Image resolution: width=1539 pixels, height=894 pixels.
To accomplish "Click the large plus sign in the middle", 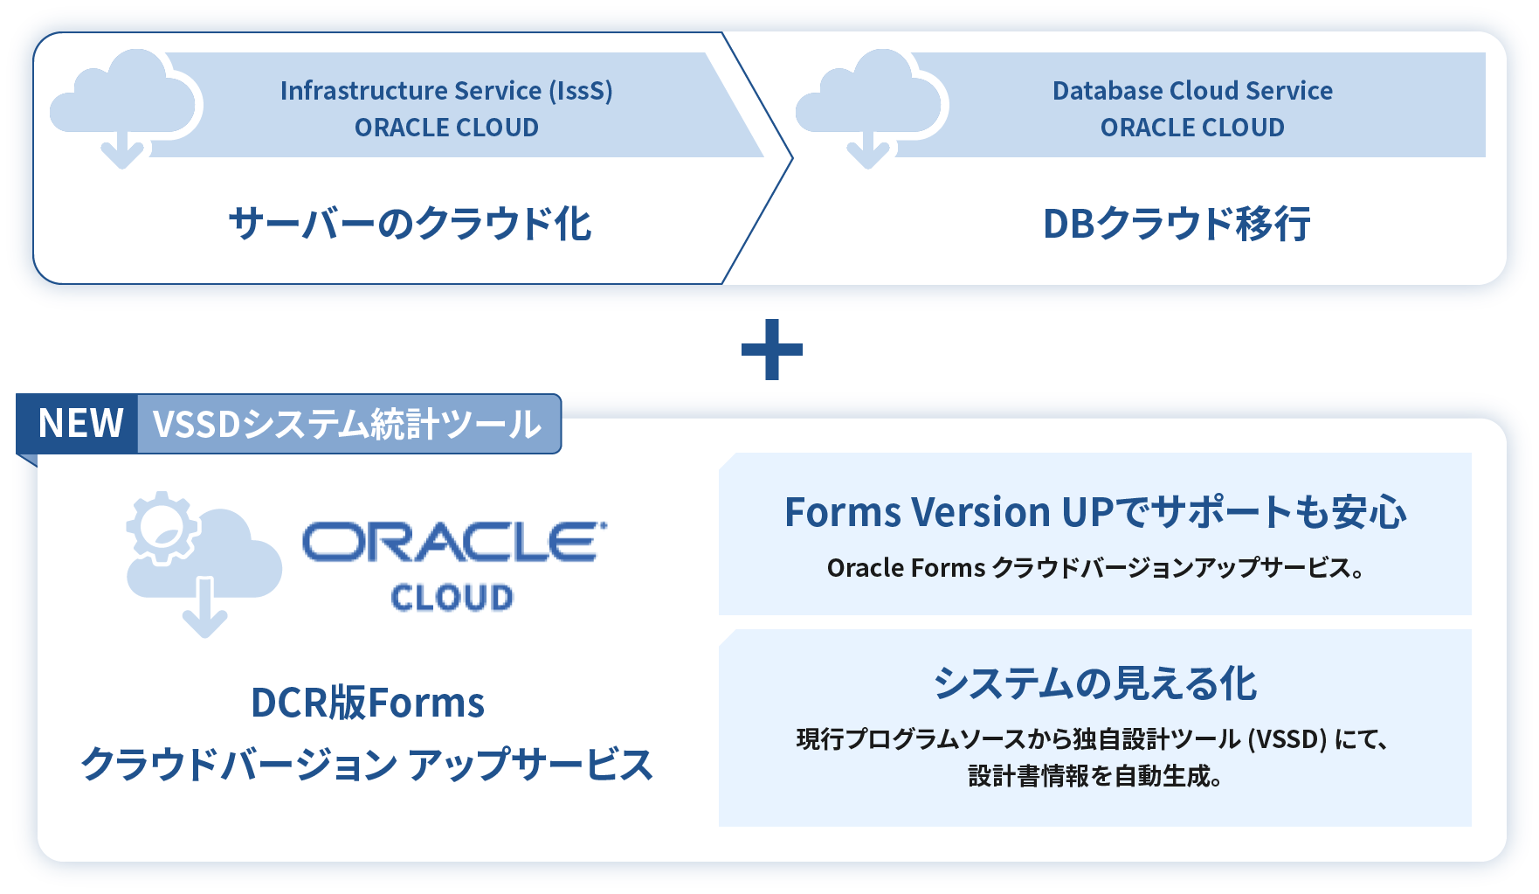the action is (x=771, y=350).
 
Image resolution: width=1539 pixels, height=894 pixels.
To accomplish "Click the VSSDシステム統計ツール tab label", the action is (x=348, y=424).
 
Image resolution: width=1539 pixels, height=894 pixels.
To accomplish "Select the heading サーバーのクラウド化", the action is (x=410, y=223).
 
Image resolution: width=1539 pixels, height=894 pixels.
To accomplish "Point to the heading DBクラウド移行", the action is (x=1177, y=224).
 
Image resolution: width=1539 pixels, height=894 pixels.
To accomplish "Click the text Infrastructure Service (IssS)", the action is (x=446, y=91).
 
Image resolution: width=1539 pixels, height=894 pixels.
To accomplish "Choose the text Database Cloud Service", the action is (x=1192, y=91).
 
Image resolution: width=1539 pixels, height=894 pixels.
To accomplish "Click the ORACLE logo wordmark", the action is (x=454, y=542).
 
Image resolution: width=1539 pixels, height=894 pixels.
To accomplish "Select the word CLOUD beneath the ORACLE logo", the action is (x=452, y=598).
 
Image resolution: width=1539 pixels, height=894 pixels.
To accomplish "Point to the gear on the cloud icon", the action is (x=162, y=527).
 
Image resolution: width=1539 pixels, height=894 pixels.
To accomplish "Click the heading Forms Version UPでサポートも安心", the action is (x=1095, y=512).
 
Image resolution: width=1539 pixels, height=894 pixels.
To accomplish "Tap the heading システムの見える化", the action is (x=1095, y=683).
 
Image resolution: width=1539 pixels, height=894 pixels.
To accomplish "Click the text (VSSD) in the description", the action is (x=1287, y=739).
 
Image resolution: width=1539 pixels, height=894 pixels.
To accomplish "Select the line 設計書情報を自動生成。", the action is (x=1095, y=776).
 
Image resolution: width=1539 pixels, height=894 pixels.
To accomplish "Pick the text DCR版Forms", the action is (x=367, y=703).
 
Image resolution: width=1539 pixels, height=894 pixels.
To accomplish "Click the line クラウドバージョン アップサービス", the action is (x=367, y=765).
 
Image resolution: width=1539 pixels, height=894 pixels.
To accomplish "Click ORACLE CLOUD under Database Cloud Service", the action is (x=1192, y=128).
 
